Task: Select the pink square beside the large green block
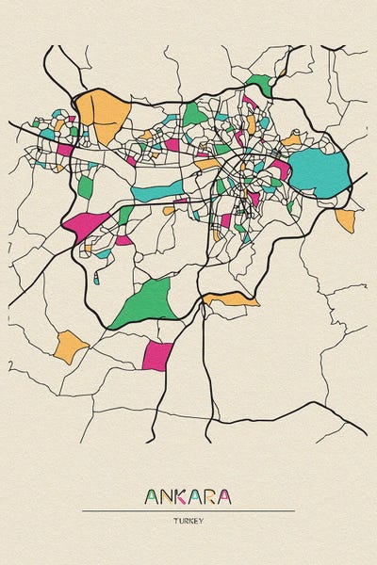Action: pos(157,356)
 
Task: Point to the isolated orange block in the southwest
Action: pos(69,346)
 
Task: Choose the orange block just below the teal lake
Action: pos(345,220)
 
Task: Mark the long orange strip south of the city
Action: pos(231,299)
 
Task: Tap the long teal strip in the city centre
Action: pos(159,192)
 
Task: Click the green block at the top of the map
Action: pos(259,86)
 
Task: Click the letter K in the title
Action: pos(188,496)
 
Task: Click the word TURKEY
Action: pos(188,521)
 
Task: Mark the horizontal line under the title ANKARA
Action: pos(188,510)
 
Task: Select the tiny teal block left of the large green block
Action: pos(96,279)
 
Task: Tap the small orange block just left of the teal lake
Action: pos(291,140)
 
